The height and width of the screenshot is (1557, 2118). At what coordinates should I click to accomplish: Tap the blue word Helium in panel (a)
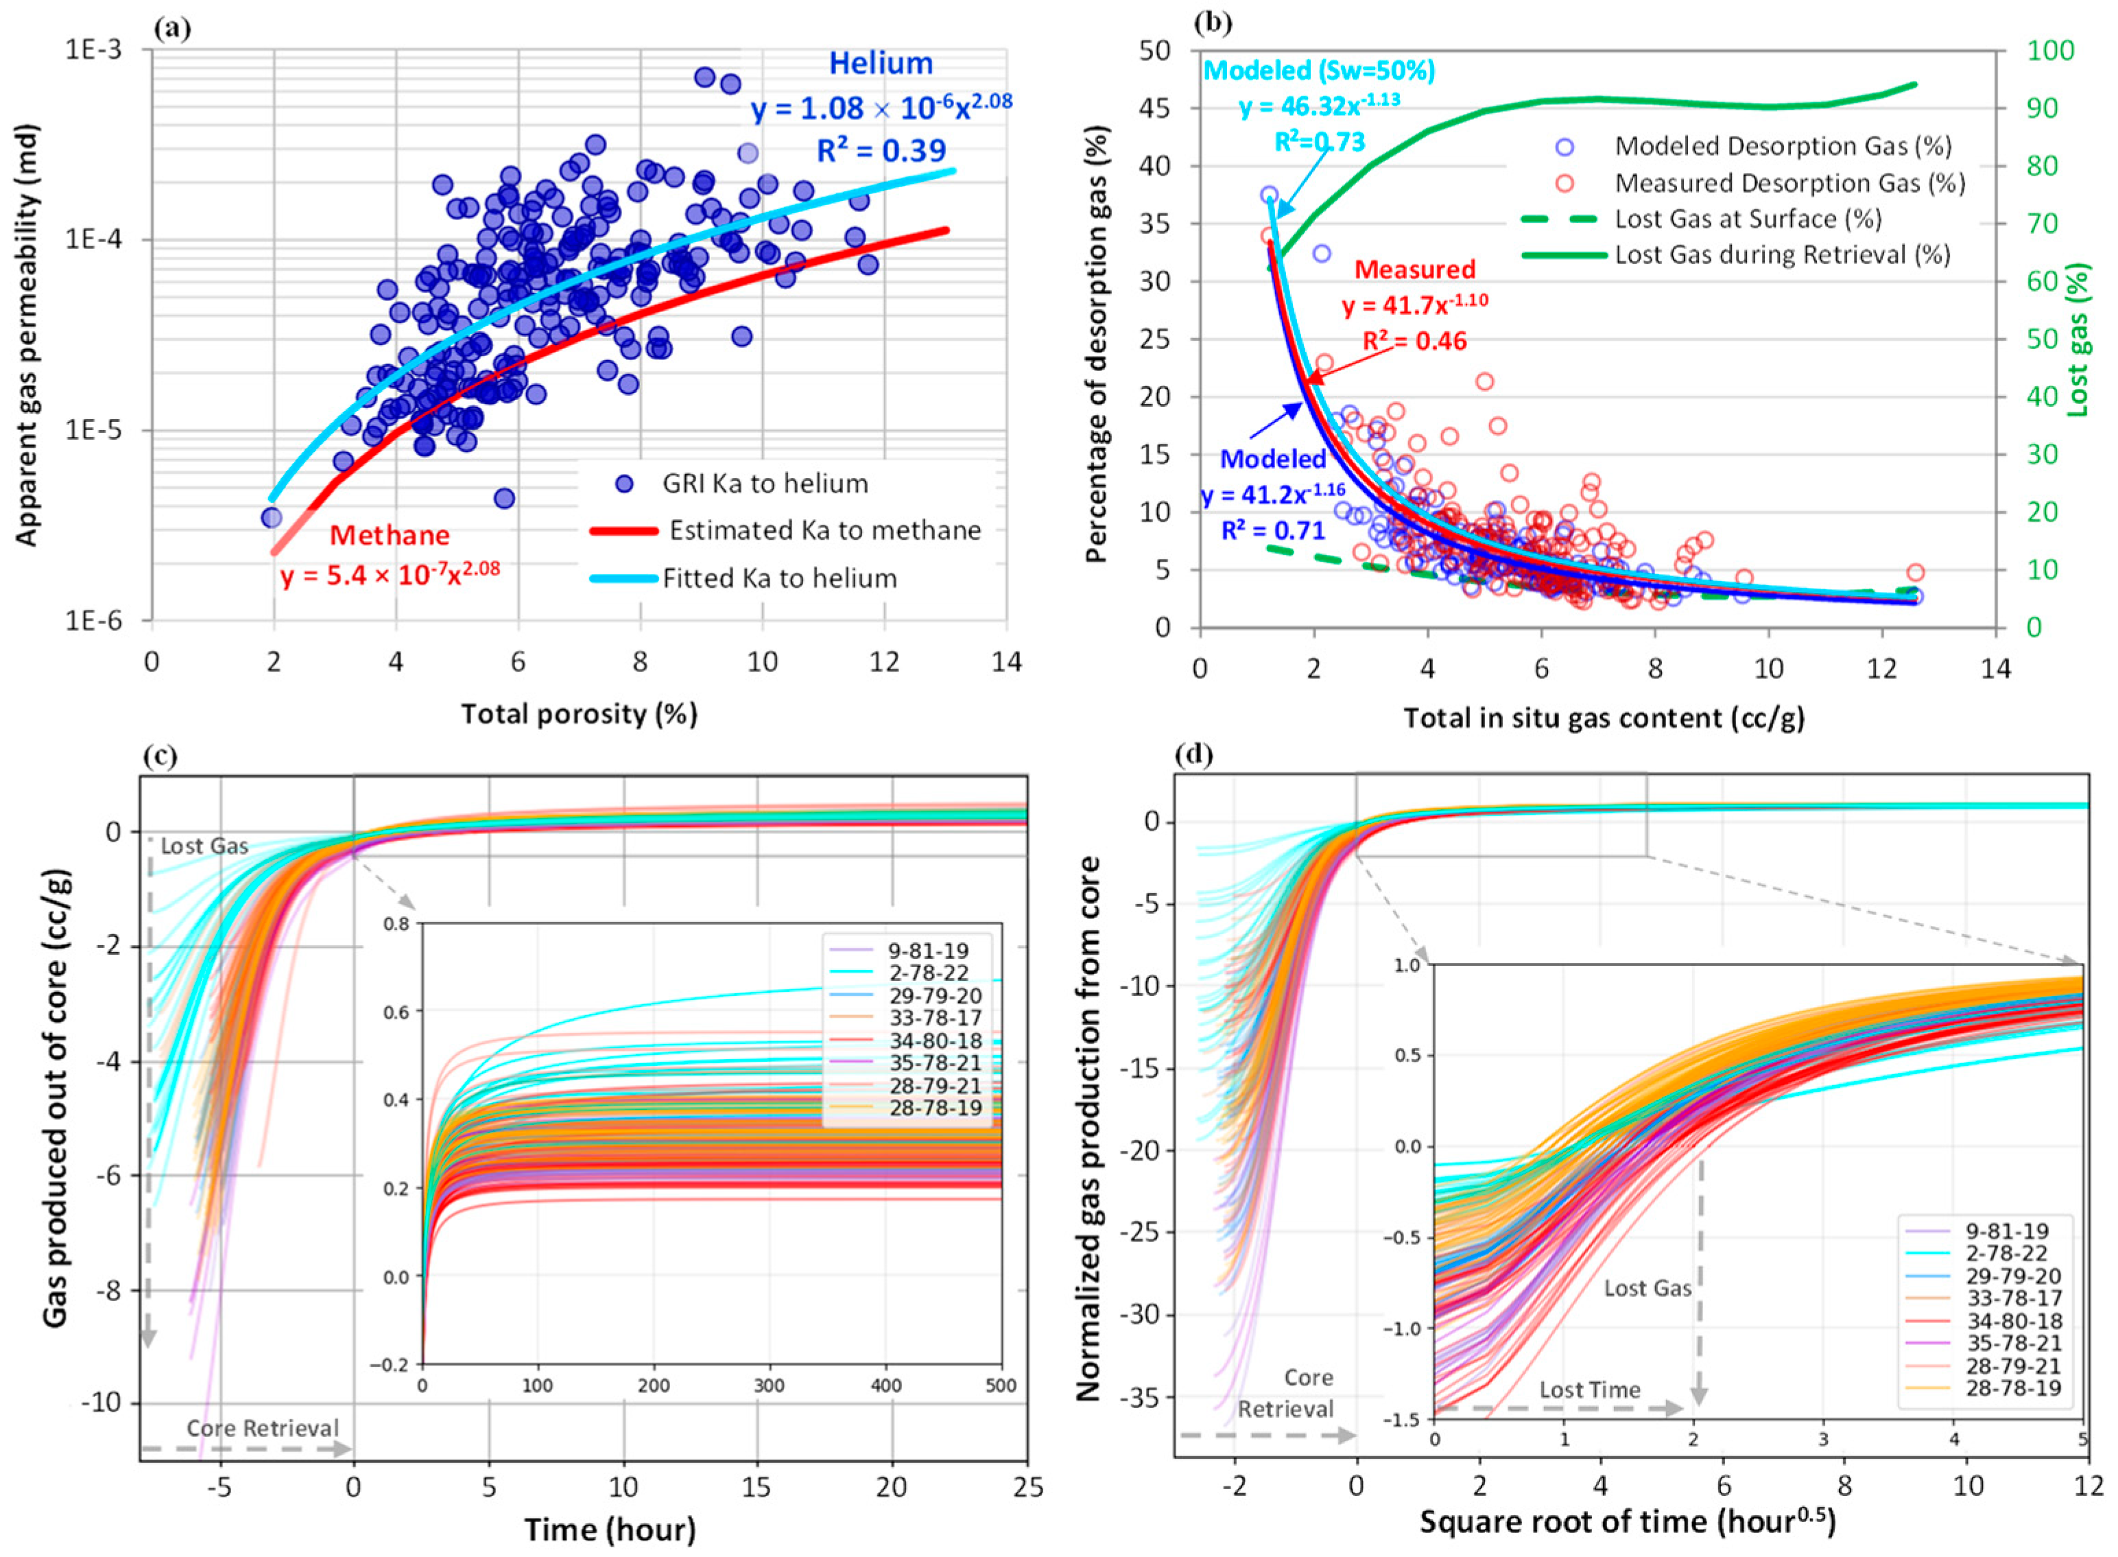[x=881, y=64]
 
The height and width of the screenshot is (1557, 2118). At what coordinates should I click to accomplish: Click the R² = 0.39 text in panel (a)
[x=881, y=151]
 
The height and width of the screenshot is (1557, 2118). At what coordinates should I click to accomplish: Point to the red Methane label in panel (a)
[x=390, y=535]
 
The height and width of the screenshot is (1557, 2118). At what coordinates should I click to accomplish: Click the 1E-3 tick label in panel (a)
[x=93, y=49]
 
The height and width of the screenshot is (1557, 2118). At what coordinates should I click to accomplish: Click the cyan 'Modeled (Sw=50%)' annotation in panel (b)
[x=1320, y=71]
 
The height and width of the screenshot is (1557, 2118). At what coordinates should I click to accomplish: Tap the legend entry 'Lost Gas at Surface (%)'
[x=1748, y=219]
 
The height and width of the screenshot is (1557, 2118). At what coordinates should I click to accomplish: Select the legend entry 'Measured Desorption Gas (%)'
[x=1789, y=183]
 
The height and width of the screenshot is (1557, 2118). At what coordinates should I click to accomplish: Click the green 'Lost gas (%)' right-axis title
[x=2078, y=340]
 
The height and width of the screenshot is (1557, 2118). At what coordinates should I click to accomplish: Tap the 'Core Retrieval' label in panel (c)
[x=262, y=1428]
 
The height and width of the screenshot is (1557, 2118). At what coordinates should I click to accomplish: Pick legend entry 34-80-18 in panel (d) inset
[x=2013, y=1321]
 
